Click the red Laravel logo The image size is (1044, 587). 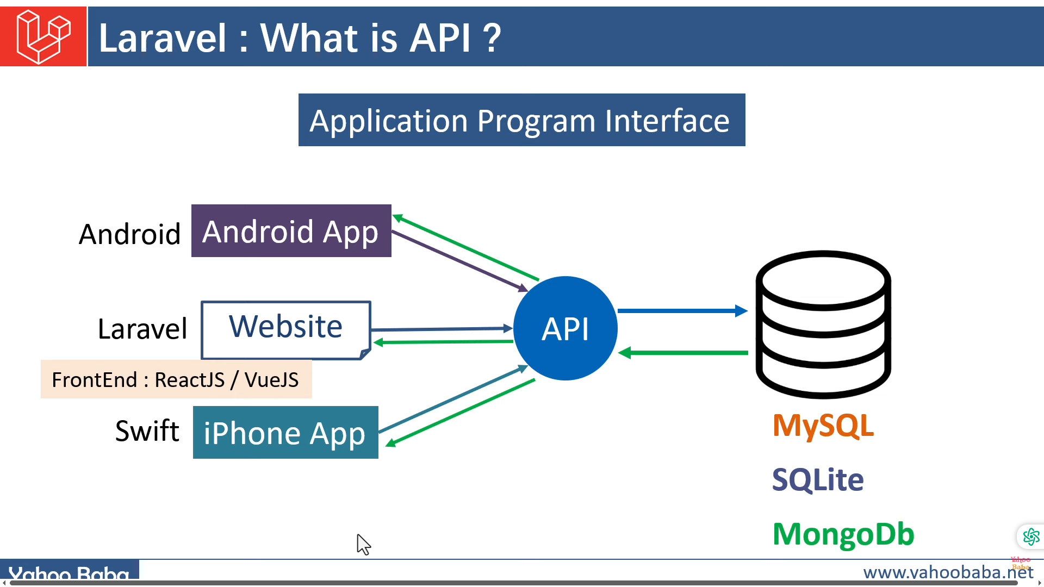pyautogui.click(x=43, y=36)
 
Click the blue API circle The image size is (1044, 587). pyautogui.click(x=565, y=328)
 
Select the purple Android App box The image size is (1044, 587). pyautogui.click(x=291, y=231)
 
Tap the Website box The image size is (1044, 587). pyautogui.click(x=286, y=329)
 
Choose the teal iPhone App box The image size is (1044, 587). pyautogui.click(x=285, y=433)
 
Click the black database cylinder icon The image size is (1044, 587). pyautogui.click(x=823, y=324)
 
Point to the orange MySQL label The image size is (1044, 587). pyautogui.click(x=823, y=425)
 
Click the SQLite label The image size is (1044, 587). pyautogui.click(x=818, y=479)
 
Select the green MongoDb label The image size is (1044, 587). pyautogui.click(x=843, y=534)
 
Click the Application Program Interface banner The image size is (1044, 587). pyautogui.click(x=521, y=120)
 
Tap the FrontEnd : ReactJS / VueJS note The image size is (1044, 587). pyautogui.click(x=176, y=379)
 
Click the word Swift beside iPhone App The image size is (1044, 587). pyautogui.click(x=147, y=431)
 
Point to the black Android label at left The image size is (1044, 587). pyautogui.click(x=129, y=234)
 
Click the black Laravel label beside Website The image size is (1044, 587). pyautogui.click(x=142, y=329)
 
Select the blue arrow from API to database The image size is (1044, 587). pyautogui.click(x=682, y=311)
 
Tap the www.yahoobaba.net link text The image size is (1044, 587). pyautogui.click(x=947, y=572)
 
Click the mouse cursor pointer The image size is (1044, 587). pyautogui.click(x=363, y=544)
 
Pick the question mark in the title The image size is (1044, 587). pyautogui.click(x=492, y=38)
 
